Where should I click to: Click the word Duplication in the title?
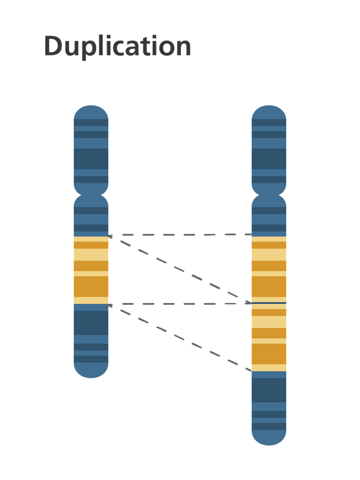[118, 47]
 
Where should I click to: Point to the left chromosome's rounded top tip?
[91, 109]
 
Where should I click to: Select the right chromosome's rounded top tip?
[269, 109]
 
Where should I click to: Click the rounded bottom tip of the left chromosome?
[91, 373]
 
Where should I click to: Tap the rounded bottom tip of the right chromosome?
[269, 441]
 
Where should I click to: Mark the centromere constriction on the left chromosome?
[91, 194]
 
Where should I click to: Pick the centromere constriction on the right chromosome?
[269, 194]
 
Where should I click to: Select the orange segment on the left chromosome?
[91, 270]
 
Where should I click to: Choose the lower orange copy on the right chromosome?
[269, 338]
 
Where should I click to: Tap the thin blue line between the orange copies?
[269, 303]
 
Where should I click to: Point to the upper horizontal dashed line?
[180, 235]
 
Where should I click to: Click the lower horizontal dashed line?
[180, 304]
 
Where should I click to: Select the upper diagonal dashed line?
[180, 270]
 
